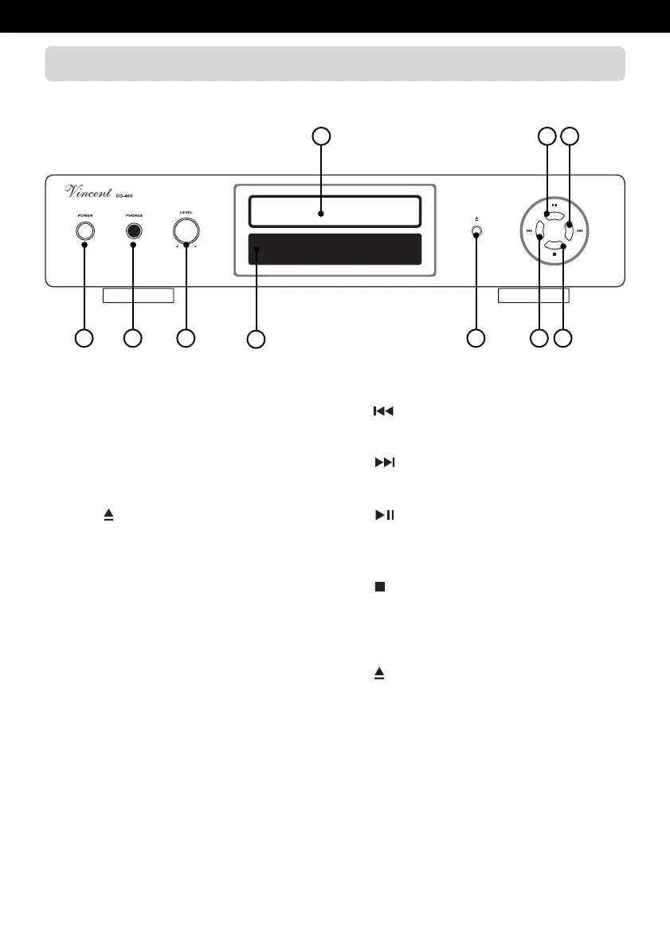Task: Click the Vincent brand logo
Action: click(88, 192)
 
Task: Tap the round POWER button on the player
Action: click(84, 231)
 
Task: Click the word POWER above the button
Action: click(84, 215)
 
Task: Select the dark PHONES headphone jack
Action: click(133, 231)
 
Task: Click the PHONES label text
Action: click(133, 215)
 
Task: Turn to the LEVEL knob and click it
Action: click(186, 230)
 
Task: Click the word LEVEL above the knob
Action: click(186, 213)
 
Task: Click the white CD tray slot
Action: click(335, 212)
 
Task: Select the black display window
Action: click(335, 250)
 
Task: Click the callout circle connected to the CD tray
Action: click(320, 136)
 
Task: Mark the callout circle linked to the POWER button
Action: click(83, 338)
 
